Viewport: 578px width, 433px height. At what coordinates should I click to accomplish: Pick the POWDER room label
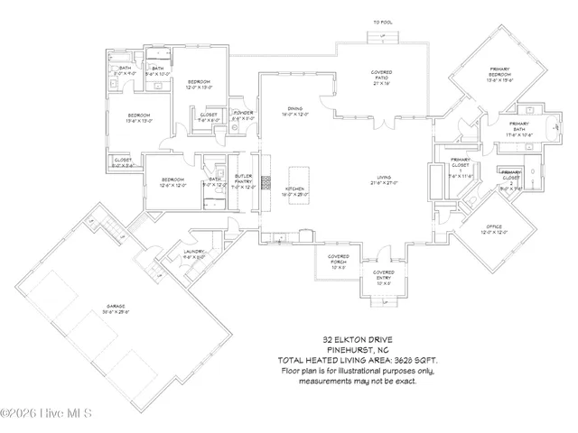243,114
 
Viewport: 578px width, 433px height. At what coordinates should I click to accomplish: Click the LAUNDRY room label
195,253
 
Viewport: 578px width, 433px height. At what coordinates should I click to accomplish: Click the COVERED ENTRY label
383,276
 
